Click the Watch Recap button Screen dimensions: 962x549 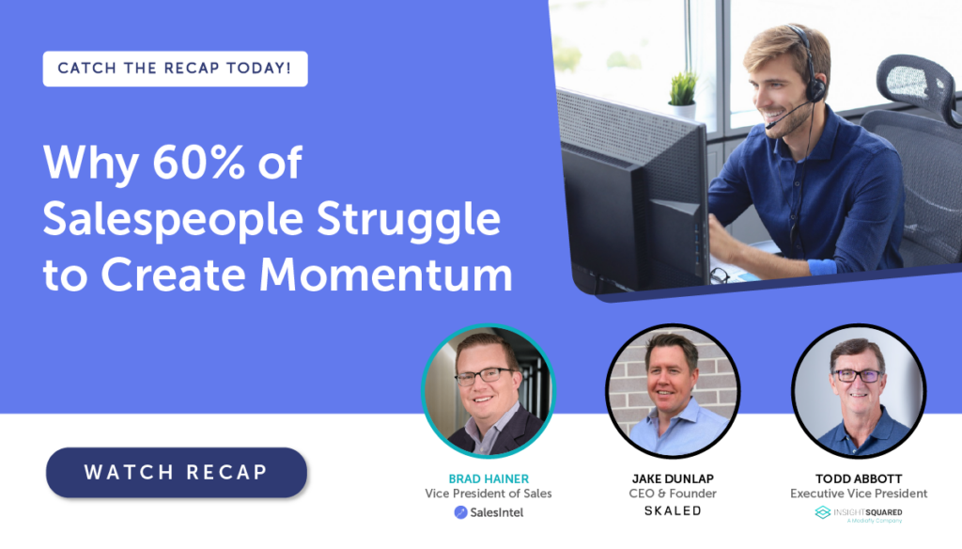[176, 472]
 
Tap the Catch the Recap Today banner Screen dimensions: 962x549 [175, 69]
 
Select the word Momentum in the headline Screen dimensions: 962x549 [385, 274]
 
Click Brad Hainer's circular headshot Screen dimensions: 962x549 [489, 391]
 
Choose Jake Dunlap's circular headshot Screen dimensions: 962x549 [673, 391]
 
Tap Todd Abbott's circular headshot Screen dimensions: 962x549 [859, 391]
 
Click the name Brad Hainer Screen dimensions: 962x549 [489, 479]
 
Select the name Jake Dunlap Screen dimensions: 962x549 [673, 479]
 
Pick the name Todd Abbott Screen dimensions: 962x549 [859, 479]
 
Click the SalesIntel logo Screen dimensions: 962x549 [489, 512]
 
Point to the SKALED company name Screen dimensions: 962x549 [673, 510]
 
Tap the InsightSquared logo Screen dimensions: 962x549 [859, 514]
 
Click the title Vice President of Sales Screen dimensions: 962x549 [489, 494]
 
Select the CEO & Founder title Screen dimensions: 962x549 [673, 494]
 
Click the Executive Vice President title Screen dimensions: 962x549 [859, 494]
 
